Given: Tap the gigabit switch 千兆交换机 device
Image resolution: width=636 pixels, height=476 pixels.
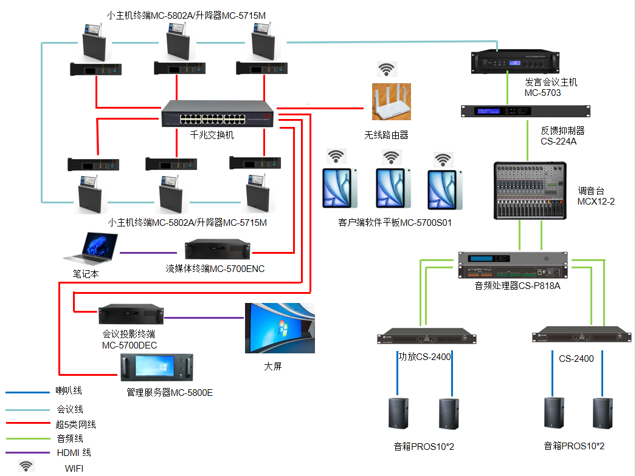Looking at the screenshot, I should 217,114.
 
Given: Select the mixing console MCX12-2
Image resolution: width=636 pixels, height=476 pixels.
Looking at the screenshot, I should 530,190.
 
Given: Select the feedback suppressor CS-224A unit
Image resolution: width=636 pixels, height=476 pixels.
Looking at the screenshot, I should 525,111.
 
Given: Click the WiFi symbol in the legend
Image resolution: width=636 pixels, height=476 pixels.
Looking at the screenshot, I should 26,466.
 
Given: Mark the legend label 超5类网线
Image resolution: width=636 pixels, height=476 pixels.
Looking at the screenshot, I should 76,424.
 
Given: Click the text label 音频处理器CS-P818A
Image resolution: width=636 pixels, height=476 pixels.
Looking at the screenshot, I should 517,285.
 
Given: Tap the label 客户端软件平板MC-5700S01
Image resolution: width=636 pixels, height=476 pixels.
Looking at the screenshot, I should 395,223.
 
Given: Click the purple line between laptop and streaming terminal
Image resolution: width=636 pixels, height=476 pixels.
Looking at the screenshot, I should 152,253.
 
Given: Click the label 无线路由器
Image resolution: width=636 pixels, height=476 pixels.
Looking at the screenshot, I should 386,135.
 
